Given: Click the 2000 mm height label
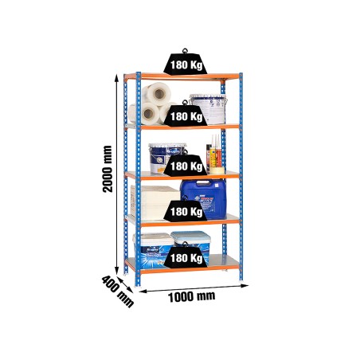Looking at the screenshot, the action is tap(108, 169).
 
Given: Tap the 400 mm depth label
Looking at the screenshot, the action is tap(118, 292).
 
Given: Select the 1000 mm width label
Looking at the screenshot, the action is tap(191, 296).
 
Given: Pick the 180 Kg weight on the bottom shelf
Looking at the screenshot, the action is tap(186, 256).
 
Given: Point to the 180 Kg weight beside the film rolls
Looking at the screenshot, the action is tap(186, 115).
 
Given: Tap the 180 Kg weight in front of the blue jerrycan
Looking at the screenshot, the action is tap(186, 210).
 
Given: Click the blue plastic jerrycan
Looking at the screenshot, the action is tap(204, 198).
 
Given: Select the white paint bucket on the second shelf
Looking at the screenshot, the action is tap(208, 109).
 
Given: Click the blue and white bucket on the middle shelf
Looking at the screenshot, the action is tap(166, 158).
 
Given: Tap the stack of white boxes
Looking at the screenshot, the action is tap(154, 202).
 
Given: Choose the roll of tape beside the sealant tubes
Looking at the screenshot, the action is tap(217, 170).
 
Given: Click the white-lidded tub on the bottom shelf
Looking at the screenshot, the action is tap(152, 248).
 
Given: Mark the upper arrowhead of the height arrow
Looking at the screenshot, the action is tap(116, 78).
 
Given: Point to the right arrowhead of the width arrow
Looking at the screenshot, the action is tap(245, 286).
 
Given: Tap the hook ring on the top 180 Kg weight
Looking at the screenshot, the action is tap(185, 51).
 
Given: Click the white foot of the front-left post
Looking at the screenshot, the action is tap(138, 286).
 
